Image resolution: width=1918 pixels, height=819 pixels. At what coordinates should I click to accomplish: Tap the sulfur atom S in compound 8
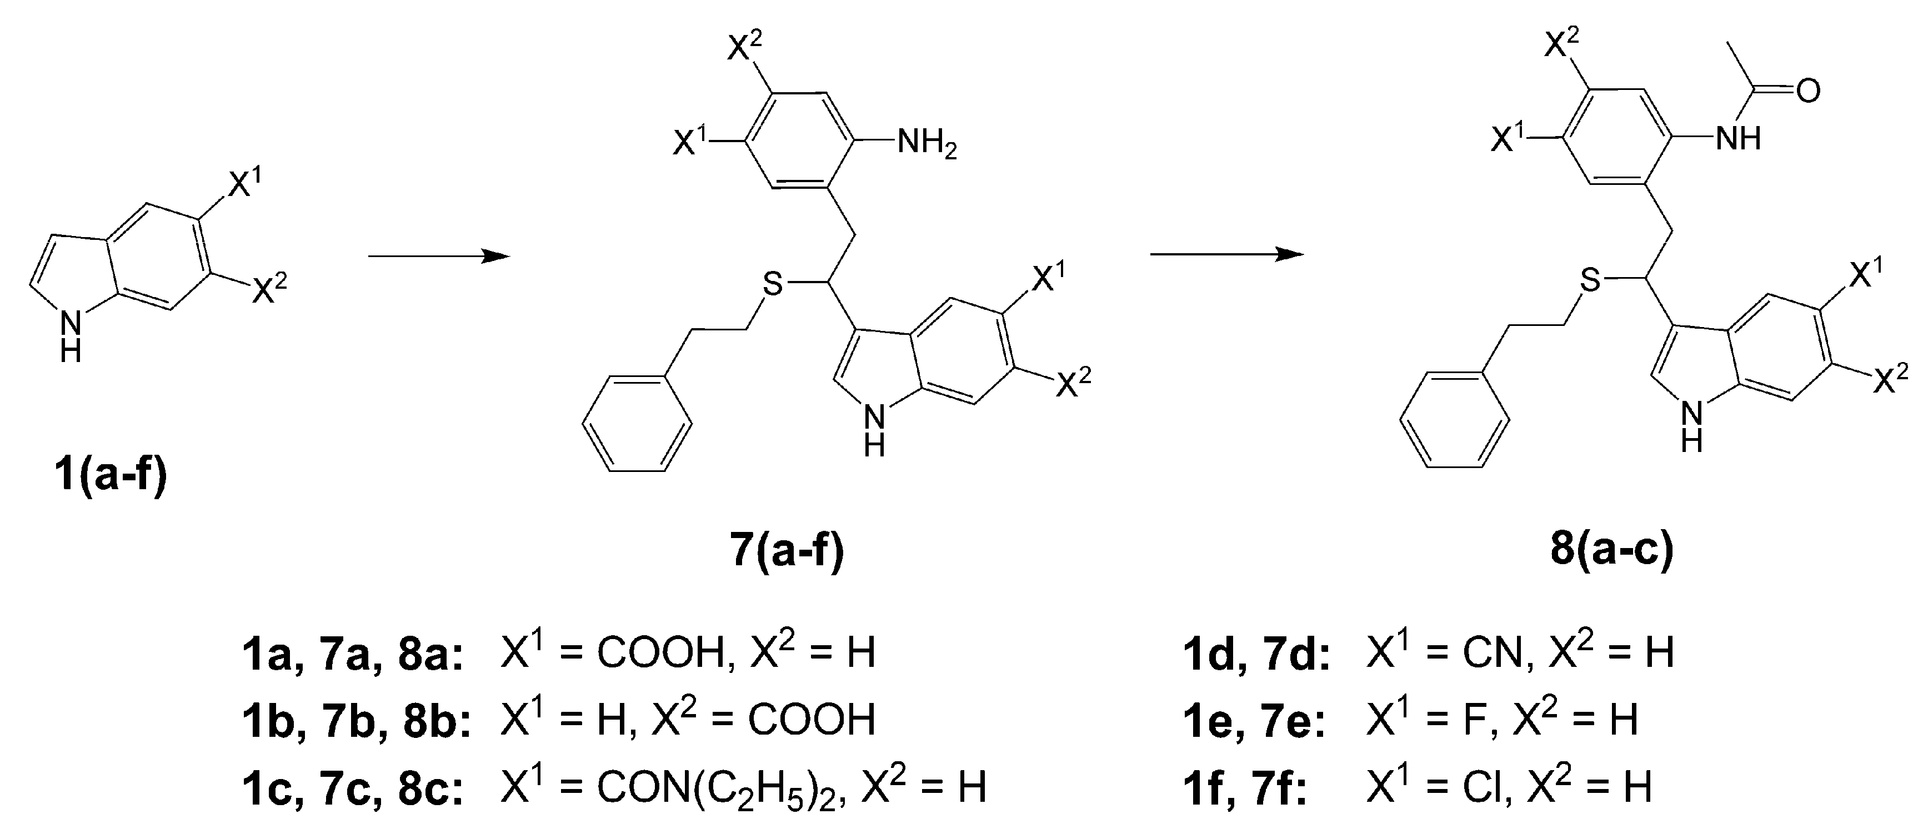click(1589, 281)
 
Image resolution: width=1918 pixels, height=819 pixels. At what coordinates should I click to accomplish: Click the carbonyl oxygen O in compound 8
click(1808, 91)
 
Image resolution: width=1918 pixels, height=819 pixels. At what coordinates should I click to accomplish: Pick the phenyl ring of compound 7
click(637, 424)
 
